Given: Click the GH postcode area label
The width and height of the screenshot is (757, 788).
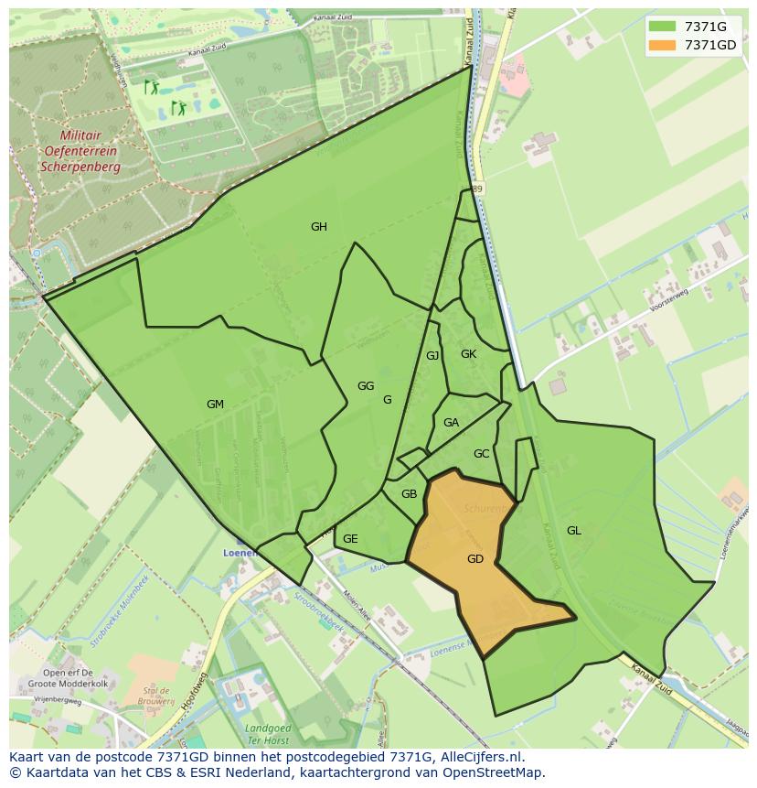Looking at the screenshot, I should coord(318,227).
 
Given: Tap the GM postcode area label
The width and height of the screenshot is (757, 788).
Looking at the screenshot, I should coord(215,404).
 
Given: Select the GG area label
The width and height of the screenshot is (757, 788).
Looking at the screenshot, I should coord(366,385).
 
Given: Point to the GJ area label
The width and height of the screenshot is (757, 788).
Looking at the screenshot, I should coord(432,355).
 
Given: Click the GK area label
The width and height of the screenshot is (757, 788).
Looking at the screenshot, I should coord(468,353).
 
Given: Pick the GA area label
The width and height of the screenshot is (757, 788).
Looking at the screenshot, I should coord(451,422).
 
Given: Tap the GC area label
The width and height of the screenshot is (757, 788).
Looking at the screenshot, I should coord(482,453).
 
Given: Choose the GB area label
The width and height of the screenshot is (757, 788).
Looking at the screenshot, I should coord(409,494).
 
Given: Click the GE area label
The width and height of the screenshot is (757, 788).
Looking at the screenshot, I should coord(350,538).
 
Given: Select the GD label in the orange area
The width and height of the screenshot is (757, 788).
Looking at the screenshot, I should coord(474,558).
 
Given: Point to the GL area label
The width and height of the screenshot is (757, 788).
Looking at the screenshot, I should coord(573,530).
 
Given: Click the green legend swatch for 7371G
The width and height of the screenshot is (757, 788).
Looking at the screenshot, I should coord(662,27).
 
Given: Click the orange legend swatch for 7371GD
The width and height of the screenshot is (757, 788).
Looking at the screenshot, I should coord(662,45).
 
